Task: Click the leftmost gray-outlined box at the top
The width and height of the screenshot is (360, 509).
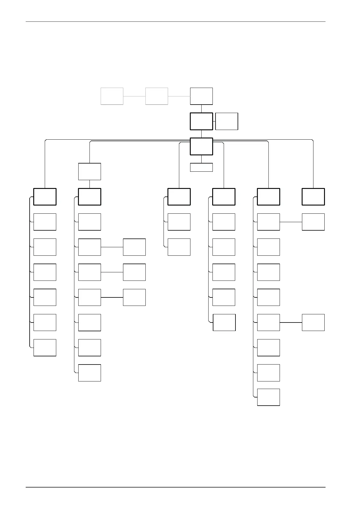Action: (x=112, y=96)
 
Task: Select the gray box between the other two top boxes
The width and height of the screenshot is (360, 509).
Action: (x=157, y=96)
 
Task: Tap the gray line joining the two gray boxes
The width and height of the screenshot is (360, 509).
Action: (x=134, y=96)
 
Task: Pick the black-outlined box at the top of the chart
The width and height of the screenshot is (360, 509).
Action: (x=201, y=96)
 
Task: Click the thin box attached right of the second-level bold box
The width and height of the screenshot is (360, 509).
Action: (x=227, y=121)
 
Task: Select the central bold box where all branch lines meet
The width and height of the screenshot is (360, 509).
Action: (x=201, y=146)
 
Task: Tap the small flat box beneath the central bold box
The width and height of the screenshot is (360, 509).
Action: (x=201, y=167)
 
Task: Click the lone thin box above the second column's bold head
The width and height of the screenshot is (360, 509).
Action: (x=89, y=171)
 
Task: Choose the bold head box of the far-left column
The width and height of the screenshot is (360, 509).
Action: (x=45, y=196)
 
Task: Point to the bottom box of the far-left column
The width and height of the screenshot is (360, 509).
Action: (x=45, y=348)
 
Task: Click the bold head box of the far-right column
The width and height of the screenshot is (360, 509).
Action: (x=313, y=196)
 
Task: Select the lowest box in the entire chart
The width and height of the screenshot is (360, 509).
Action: (x=268, y=397)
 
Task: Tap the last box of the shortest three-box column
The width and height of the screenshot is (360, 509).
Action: (x=179, y=247)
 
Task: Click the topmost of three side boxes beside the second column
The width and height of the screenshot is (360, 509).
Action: (x=134, y=247)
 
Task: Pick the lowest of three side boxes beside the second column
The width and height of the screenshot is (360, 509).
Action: (x=134, y=297)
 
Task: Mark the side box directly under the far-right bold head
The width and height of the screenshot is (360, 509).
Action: (x=313, y=222)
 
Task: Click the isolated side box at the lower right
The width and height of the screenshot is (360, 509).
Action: (x=313, y=322)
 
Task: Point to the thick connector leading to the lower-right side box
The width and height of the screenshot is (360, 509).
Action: (x=291, y=323)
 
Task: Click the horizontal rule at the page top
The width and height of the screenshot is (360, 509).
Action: (x=175, y=21)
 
